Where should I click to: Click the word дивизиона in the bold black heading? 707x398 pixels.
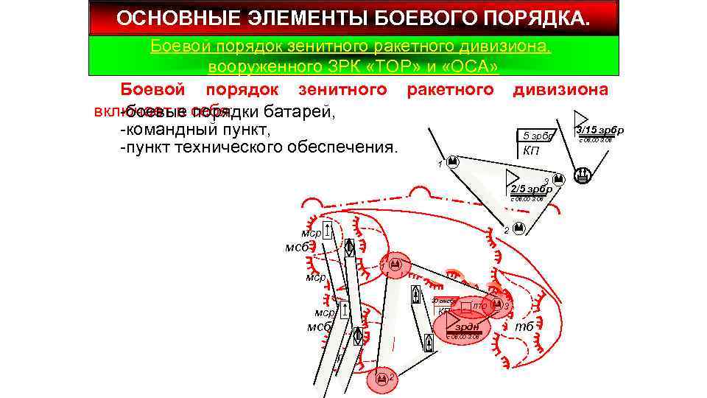560,90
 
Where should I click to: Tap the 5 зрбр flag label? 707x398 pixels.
536,136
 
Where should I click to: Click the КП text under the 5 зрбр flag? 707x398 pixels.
530,150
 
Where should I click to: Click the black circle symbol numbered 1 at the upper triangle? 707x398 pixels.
454,161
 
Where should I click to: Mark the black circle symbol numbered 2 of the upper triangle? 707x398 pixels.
518,229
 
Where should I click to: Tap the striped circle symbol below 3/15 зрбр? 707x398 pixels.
582,175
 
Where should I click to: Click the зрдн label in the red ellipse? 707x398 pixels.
467,327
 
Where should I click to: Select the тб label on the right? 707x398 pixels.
524,327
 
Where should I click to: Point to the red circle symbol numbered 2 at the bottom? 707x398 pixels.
381,379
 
